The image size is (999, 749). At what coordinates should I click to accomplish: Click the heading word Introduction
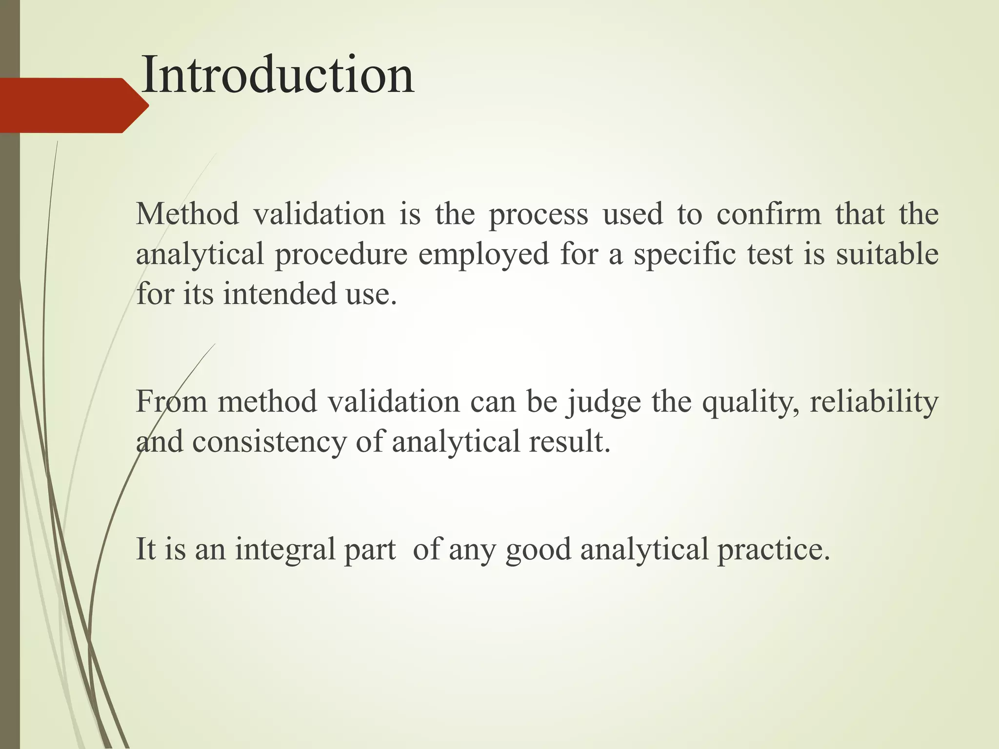click(277, 76)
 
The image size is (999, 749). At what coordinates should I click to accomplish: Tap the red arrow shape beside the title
click(73, 105)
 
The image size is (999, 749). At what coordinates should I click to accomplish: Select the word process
click(538, 215)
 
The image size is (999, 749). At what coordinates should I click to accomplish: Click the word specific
click(685, 255)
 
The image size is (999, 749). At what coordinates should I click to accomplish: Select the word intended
click(280, 294)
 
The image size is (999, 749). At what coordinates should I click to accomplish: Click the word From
click(171, 402)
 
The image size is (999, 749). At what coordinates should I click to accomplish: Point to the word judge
click(603, 403)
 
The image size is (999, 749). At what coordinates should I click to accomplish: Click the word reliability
click(874, 402)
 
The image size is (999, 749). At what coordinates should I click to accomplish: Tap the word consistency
click(269, 442)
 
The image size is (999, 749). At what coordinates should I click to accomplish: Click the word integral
click(285, 550)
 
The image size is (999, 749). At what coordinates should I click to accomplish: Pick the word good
click(538, 550)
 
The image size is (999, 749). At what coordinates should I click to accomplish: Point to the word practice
click(773, 550)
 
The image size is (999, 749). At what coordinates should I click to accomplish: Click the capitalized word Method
click(187, 215)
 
